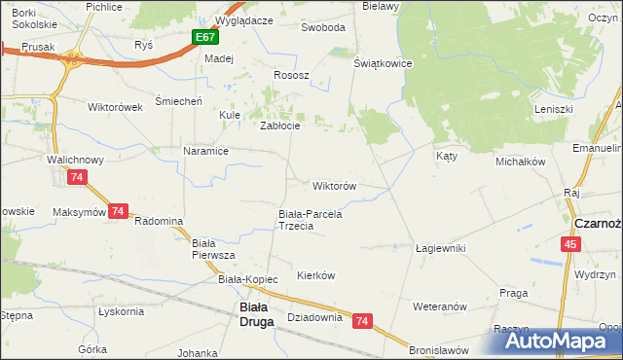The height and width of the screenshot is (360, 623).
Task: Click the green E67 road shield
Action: click(204, 37)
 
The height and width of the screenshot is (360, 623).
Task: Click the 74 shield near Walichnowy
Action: click(77, 177)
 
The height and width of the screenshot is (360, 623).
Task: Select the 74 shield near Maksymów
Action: click(118, 210)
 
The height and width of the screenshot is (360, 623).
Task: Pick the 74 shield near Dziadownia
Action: click(363, 320)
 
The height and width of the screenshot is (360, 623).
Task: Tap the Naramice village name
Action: click(205, 151)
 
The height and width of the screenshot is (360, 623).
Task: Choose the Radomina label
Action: click(159, 221)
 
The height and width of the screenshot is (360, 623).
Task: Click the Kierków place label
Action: click(315, 275)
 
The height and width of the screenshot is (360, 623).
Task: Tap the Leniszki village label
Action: click(552, 108)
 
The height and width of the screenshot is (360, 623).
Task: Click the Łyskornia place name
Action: click(121, 311)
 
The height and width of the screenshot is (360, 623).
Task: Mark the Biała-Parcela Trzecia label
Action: click(311, 220)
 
